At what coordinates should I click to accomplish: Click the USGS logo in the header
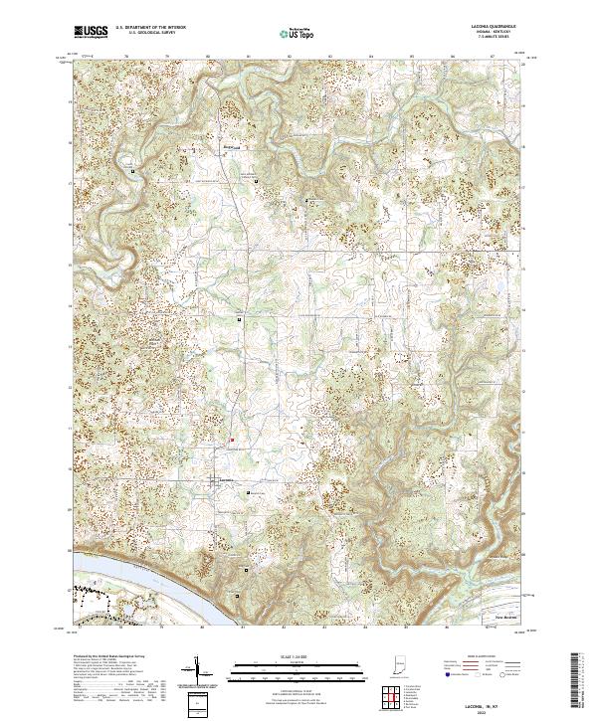pos(91,33)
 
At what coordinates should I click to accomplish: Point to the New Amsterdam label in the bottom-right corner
pos(509,617)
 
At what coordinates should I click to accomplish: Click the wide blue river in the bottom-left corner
pos(119,577)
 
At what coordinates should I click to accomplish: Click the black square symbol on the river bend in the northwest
pos(132,171)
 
